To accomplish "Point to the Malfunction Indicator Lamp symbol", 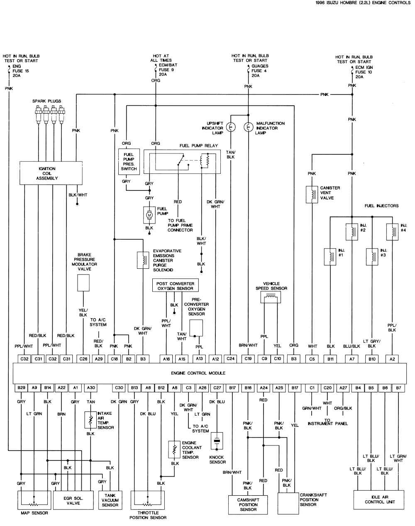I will (248, 128).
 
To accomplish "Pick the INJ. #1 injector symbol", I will (330, 256).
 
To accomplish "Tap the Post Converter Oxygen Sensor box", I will (175, 285).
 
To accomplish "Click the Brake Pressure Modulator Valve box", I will (83, 283).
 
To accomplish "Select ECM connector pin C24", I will (231, 358).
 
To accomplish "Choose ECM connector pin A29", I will (98, 358).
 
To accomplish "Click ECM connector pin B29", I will (21, 388).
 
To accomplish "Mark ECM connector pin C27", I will (217, 388).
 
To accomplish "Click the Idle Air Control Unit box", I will (380, 499).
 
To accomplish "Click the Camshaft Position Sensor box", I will (248, 504).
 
